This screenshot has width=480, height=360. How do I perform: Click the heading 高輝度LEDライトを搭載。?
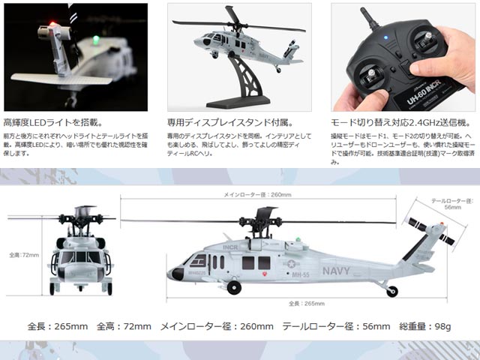(x=53, y=121)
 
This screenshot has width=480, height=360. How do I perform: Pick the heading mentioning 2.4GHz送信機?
(x=397, y=121)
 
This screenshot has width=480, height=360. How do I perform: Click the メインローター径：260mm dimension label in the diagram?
(x=259, y=194)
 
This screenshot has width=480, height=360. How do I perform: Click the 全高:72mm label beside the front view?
(x=24, y=255)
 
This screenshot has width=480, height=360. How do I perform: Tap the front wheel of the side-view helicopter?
(x=235, y=288)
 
